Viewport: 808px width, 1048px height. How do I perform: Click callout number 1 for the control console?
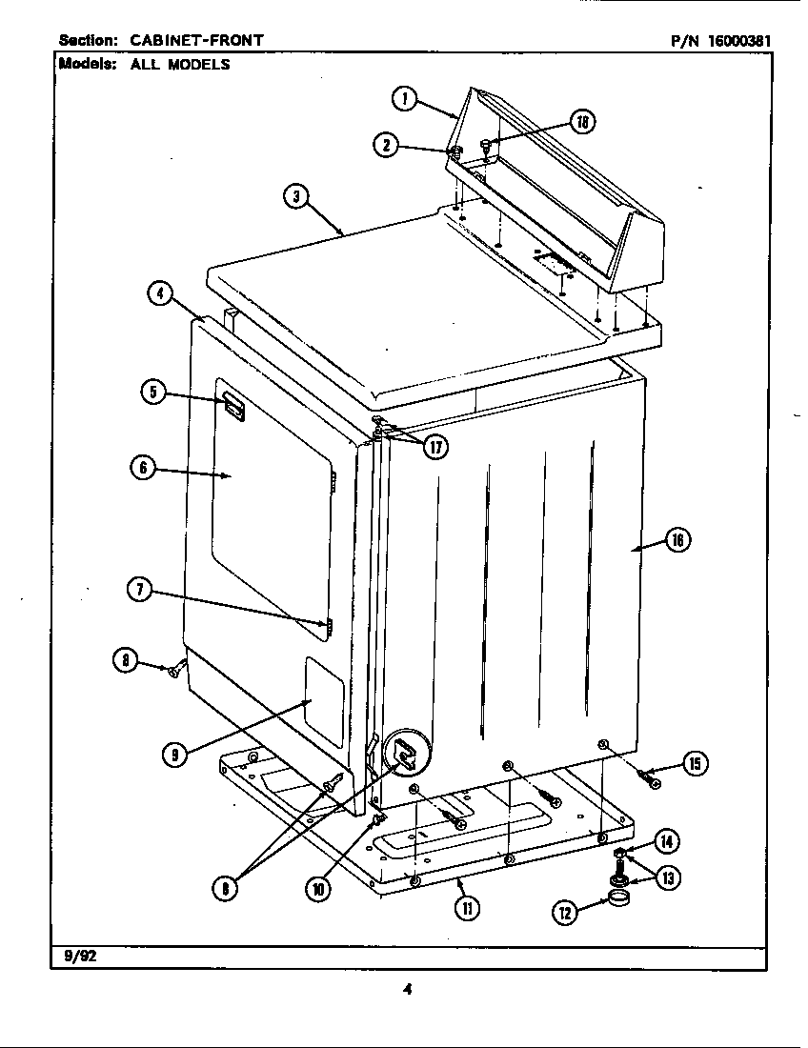click(404, 98)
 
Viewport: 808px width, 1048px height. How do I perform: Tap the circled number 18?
click(582, 121)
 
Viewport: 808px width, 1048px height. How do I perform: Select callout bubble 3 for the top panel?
click(296, 197)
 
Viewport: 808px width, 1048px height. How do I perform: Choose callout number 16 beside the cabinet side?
click(676, 540)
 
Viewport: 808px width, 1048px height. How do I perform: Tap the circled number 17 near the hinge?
click(436, 446)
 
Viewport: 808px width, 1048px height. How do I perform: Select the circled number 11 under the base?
click(467, 907)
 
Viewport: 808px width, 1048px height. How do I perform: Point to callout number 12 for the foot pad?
click(565, 913)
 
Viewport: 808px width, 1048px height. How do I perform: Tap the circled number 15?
click(697, 763)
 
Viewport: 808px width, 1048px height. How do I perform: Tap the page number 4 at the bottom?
click(407, 989)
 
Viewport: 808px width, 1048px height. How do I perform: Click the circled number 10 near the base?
click(317, 889)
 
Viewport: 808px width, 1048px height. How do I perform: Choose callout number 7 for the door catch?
click(140, 589)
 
